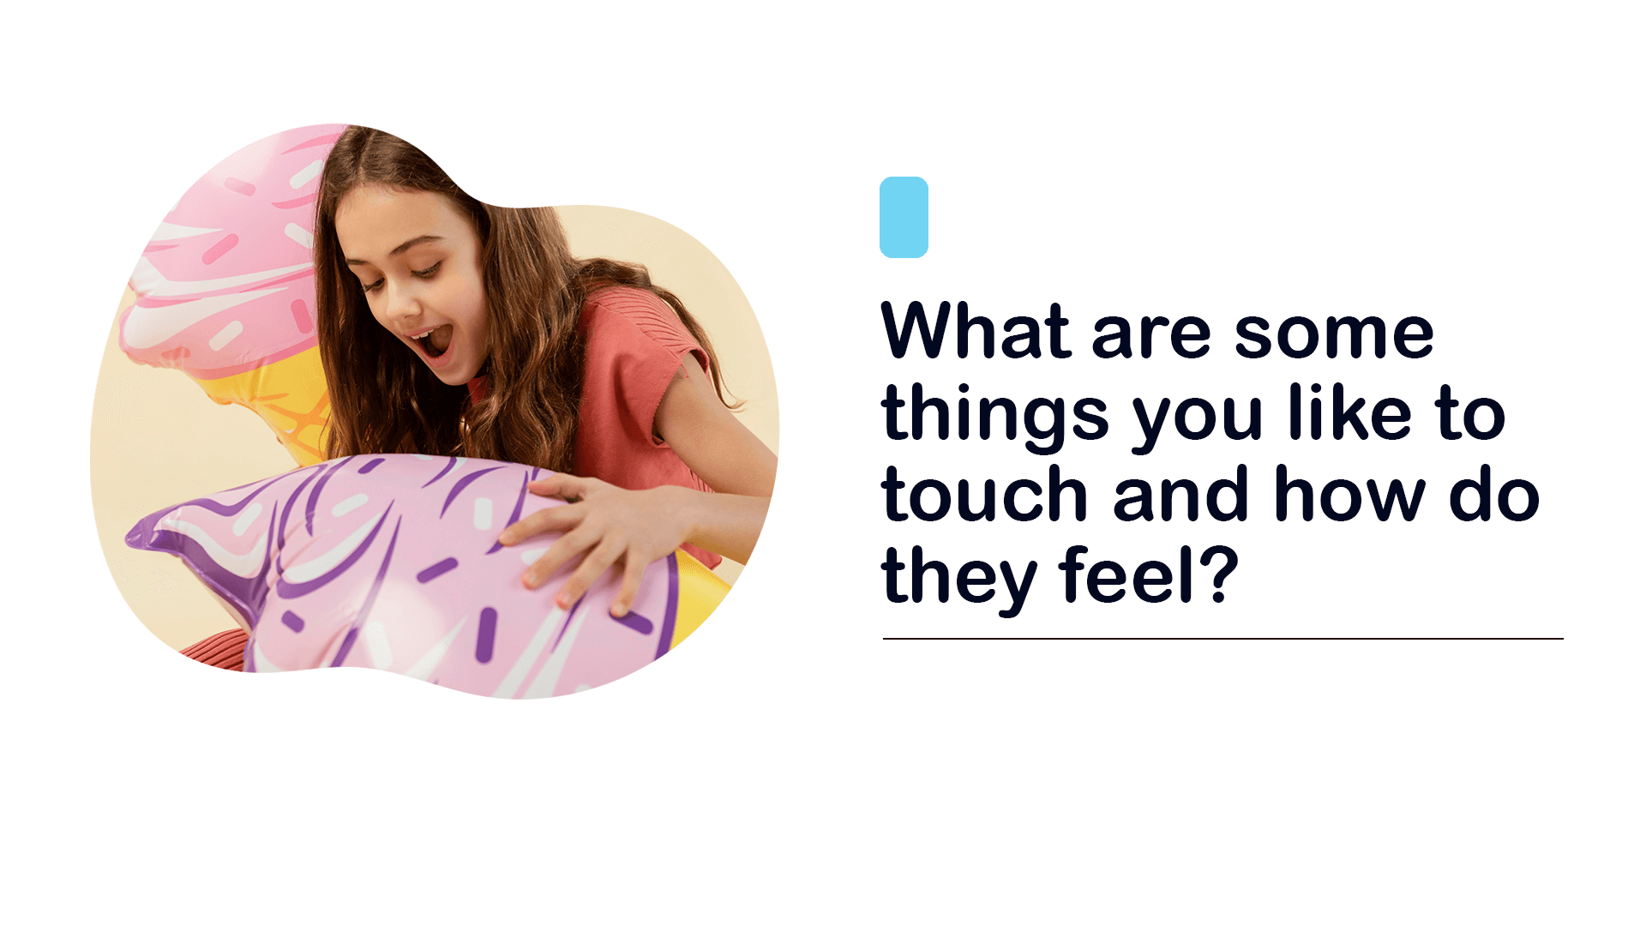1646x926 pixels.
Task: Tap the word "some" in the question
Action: click(x=1334, y=334)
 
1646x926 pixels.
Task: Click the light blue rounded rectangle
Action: click(x=904, y=217)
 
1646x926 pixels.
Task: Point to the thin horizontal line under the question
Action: click(x=1223, y=639)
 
